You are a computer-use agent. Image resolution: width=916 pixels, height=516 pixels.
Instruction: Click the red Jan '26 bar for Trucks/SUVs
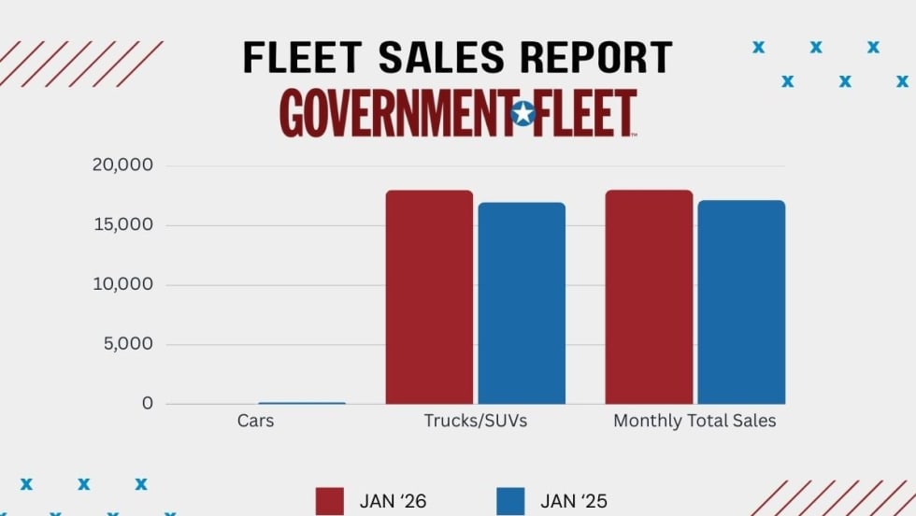(x=429, y=297)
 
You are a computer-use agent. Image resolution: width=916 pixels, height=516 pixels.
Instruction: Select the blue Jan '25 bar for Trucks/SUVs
(x=522, y=303)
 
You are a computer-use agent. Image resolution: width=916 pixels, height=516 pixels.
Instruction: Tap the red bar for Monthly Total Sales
(x=649, y=297)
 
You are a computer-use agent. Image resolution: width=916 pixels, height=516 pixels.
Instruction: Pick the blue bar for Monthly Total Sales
(x=741, y=302)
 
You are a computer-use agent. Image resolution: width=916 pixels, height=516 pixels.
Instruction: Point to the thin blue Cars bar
(x=302, y=403)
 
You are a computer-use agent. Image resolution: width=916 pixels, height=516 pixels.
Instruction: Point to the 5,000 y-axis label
(x=128, y=344)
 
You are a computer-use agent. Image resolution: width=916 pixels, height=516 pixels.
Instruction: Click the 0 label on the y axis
(x=147, y=404)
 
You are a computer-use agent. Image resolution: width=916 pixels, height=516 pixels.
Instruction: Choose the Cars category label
(x=255, y=421)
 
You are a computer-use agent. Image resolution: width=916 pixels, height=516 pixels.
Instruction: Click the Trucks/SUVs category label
(x=475, y=421)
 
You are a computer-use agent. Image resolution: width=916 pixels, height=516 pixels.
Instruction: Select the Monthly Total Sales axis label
(x=694, y=421)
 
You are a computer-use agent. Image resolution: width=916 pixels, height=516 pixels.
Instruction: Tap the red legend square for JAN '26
(x=331, y=501)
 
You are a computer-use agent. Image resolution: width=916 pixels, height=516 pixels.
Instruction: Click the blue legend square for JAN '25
(x=511, y=501)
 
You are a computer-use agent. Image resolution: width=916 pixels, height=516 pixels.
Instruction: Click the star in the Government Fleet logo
(x=523, y=114)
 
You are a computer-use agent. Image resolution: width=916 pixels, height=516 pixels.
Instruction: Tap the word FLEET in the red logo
(x=586, y=114)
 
